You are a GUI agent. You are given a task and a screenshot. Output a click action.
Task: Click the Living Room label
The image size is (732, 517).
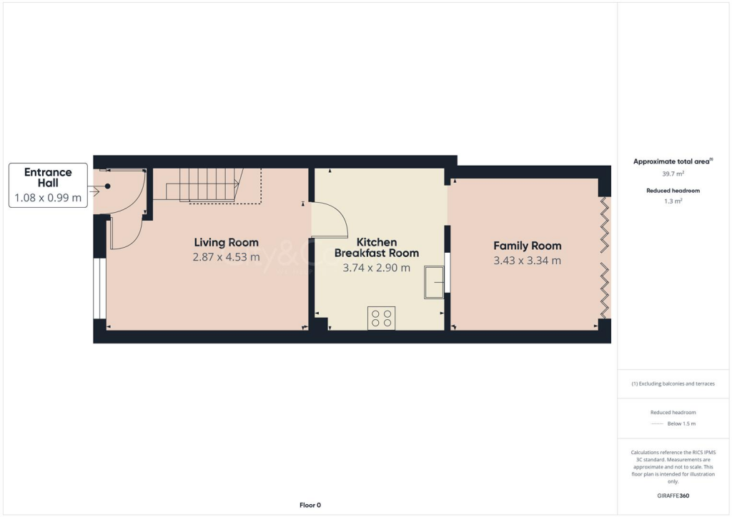226,242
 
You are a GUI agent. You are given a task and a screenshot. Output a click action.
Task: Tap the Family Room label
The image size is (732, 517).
527,246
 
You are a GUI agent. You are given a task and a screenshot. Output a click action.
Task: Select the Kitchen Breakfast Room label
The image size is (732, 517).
377,247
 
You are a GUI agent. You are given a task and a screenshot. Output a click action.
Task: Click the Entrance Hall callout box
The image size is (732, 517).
48,185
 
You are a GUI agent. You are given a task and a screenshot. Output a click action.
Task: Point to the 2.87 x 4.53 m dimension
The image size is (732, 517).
226,257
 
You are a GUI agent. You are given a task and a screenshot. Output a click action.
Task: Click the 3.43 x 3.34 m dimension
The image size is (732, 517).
527,261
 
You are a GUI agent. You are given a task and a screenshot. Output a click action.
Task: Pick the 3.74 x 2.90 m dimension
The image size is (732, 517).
377,268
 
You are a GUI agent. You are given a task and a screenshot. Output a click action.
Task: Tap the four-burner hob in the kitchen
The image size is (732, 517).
381,318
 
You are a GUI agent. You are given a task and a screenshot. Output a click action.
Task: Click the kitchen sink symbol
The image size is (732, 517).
434,281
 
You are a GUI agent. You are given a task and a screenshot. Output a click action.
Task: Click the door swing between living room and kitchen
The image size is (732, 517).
329,220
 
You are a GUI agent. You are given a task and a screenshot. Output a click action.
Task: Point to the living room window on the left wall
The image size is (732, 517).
99,288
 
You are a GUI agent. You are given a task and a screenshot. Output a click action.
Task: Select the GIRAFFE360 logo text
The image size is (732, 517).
673,496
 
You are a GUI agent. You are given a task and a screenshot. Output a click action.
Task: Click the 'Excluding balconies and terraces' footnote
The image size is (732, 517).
673,383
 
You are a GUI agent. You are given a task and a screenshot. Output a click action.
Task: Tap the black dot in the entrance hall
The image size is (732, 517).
108,186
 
